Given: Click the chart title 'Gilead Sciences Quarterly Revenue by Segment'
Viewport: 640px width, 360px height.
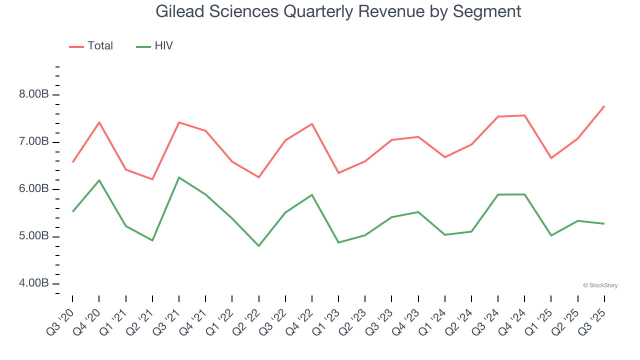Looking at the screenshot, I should tap(338, 11).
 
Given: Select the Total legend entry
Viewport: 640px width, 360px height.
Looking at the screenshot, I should tap(91, 46).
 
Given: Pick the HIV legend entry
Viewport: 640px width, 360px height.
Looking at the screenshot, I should tap(155, 46).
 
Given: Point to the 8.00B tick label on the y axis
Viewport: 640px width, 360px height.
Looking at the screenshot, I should tap(34, 94).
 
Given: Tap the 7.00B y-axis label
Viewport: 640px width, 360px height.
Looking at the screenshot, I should tap(34, 142).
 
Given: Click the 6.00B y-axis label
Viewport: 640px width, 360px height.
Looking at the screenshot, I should tap(34, 189).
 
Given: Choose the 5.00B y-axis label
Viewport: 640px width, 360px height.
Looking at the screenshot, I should tap(34, 236).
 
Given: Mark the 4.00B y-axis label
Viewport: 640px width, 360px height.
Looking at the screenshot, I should tap(34, 283).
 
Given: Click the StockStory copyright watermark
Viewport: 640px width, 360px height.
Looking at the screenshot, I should tap(600, 285).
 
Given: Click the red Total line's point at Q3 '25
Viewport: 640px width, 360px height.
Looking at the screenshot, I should tap(604, 106).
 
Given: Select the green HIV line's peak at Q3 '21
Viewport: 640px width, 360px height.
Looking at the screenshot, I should tap(179, 177).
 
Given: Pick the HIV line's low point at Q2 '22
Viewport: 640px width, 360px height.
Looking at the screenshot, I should tap(259, 246).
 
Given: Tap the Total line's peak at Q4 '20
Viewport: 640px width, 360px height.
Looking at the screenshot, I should tap(99, 122).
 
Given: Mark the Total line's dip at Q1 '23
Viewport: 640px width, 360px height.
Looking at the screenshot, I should tap(338, 173).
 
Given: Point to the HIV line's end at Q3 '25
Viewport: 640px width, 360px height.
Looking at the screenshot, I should tap(604, 223).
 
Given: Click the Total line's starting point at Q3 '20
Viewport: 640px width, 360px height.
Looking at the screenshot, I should tap(72, 162).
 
